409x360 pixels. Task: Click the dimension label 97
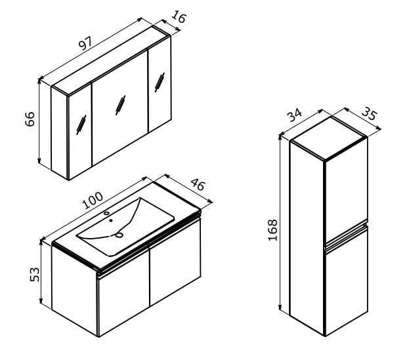click(85, 43)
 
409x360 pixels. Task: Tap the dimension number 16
click(179, 16)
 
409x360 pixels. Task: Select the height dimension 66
click(30, 119)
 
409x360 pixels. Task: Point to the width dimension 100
click(93, 201)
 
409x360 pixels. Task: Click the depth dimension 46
click(198, 184)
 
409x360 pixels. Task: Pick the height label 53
click(35, 275)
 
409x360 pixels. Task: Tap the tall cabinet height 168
click(273, 230)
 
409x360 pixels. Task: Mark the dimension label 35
click(370, 113)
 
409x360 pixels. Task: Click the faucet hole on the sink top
click(106, 213)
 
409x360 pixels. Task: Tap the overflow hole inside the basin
click(111, 220)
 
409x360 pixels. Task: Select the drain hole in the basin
click(119, 235)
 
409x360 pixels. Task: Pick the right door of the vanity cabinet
click(175, 262)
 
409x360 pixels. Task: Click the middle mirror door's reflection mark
click(121, 105)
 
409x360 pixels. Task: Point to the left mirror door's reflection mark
click(81, 125)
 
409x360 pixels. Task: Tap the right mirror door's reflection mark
click(160, 83)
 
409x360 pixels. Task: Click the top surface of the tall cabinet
click(329, 138)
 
